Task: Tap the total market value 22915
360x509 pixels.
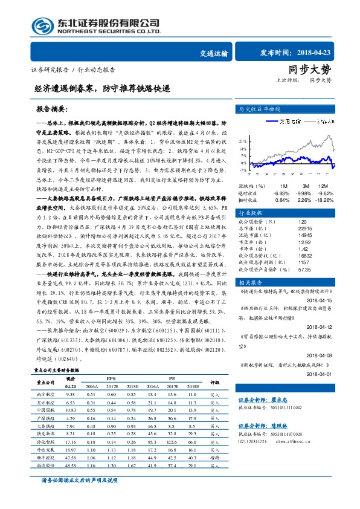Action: tap(290, 229)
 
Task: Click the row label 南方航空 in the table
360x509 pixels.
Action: tap(47, 394)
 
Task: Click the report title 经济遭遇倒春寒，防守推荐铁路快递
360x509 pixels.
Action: tap(102, 88)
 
